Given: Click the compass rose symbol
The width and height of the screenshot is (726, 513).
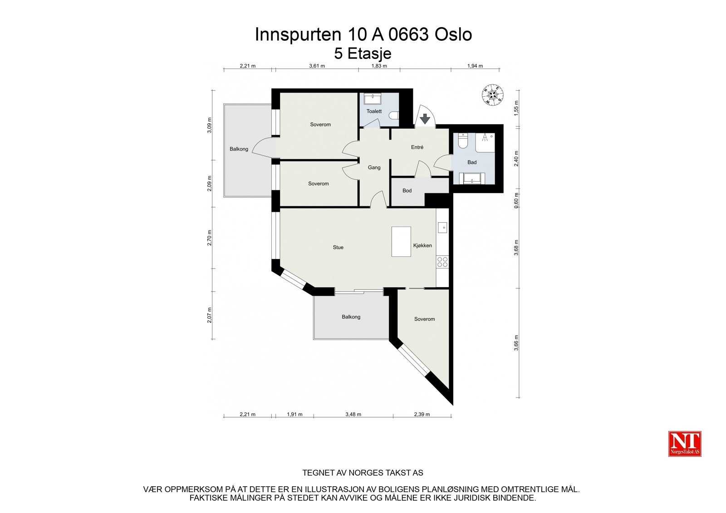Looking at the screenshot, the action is coord(492,95).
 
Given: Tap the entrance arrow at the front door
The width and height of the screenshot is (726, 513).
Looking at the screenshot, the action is coord(425,119).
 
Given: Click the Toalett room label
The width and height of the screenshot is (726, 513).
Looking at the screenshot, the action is coord(374,111).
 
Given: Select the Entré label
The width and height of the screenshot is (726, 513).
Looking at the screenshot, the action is coord(417,147).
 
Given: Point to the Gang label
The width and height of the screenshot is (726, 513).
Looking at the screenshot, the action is coord(374,167).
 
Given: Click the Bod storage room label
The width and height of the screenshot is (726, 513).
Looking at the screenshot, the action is coord(407,191).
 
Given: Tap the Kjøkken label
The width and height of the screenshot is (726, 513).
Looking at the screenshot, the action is coord(422,245).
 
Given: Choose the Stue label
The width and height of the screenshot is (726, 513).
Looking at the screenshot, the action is coord(338,247).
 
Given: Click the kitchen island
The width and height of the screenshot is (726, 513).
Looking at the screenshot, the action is coord(401,241).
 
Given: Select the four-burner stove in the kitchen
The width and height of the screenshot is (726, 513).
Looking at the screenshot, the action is coord(442,262).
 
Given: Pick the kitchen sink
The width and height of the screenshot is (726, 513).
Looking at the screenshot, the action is coord(442,227).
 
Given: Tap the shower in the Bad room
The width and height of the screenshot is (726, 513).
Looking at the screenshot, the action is coord(485,142).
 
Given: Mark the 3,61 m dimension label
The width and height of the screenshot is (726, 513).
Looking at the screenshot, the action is coord(317,66).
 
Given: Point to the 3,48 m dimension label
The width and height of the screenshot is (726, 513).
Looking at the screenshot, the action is coord(353,414).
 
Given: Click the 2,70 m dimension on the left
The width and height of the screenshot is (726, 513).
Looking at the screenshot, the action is coord(210,238).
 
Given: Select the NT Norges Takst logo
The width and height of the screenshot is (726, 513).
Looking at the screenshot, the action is coord(685,444).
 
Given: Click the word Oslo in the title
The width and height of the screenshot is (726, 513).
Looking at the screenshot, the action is coord(453,34).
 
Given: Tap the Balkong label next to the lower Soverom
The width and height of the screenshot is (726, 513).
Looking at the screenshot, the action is coord(351,317).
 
